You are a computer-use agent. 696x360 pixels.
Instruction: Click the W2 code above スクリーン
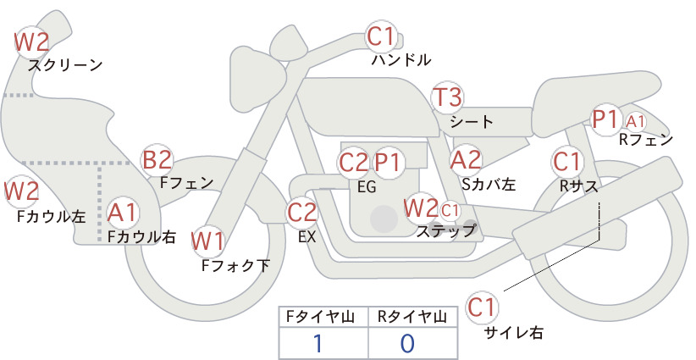[31, 42]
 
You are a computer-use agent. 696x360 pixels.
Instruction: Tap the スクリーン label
[65, 65]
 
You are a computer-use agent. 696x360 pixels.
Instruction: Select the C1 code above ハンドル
[381, 36]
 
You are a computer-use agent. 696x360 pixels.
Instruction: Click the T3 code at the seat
[447, 97]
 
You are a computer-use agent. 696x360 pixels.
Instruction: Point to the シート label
[472, 121]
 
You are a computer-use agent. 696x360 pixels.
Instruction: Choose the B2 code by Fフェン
[157, 160]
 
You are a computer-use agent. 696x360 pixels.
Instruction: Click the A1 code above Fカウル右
[122, 212]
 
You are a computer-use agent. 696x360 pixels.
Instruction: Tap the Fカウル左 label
[51, 216]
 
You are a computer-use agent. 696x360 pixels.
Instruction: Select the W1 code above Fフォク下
[208, 241]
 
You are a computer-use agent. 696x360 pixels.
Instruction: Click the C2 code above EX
[301, 212]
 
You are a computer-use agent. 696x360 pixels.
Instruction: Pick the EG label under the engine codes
[367, 187]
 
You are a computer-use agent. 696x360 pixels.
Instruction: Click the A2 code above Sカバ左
[466, 160]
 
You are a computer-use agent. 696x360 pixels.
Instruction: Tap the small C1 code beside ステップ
[450, 210]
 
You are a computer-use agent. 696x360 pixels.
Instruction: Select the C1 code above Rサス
[566, 161]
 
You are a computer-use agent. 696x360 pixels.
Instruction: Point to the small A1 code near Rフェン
[635, 121]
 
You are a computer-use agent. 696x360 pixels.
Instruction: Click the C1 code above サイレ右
[482, 307]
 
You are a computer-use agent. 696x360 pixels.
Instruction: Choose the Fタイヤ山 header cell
[323, 317]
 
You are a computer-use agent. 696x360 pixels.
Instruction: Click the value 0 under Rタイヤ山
[407, 343]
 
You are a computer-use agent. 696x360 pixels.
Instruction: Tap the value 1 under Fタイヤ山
[318, 343]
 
